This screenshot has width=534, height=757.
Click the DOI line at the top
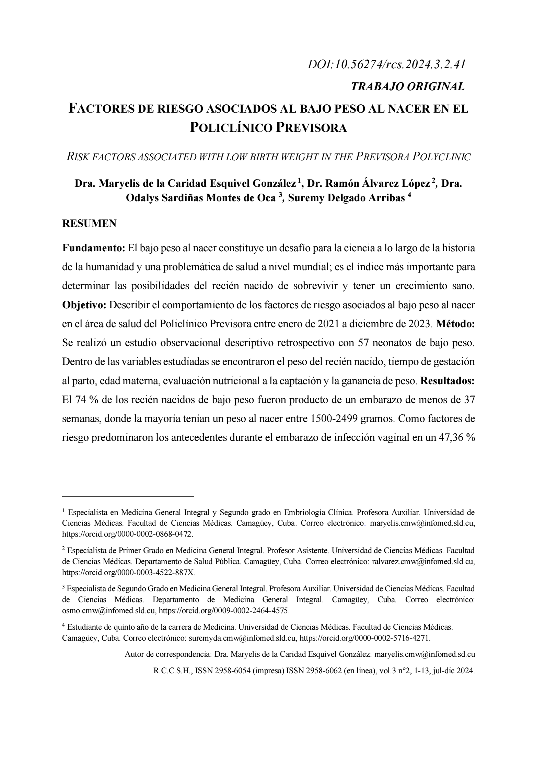click(386, 64)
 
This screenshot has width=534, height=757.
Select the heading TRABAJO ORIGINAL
click(407, 86)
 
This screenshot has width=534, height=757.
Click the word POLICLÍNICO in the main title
click(232, 128)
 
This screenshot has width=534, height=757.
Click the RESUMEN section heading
click(89, 223)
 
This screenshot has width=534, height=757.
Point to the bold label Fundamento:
click(93, 248)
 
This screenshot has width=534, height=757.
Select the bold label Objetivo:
click(84, 305)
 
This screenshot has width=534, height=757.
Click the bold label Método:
click(455, 324)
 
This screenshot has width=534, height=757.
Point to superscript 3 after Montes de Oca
click(280, 195)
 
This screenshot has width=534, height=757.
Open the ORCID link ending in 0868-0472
click(127, 534)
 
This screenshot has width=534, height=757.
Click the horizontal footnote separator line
click(128, 496)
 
